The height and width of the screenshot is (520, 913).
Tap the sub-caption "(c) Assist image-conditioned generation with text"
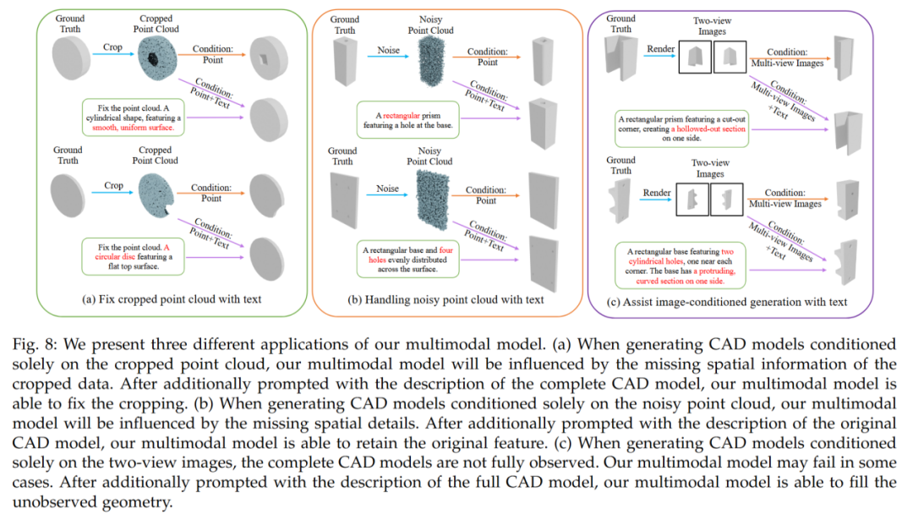(x=727, y=302)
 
